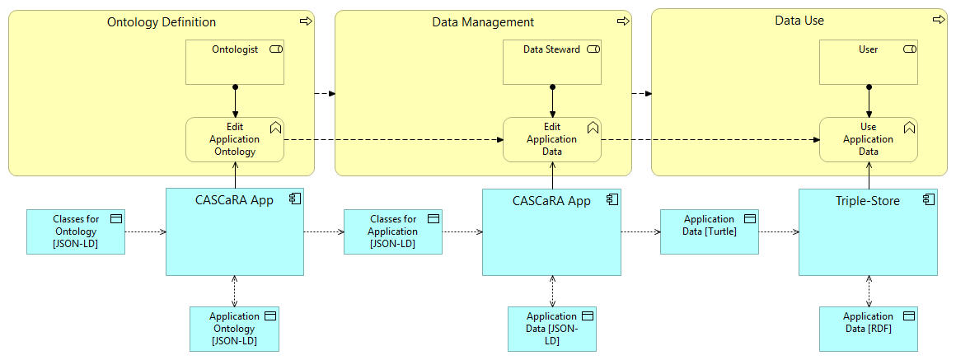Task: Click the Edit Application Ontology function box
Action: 235,139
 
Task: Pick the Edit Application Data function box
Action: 551,139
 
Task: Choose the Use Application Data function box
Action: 868,139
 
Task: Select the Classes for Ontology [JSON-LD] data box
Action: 76,231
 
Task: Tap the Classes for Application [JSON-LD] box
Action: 393,231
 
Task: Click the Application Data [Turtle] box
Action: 709,231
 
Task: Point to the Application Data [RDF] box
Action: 868,329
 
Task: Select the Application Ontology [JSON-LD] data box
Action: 235,329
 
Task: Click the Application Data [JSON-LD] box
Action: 551,329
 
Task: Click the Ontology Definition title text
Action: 162,22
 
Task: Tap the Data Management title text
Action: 483,22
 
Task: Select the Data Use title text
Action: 799,21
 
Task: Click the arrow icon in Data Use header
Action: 938,20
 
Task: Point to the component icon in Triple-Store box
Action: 928,199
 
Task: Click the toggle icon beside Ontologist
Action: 275,49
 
